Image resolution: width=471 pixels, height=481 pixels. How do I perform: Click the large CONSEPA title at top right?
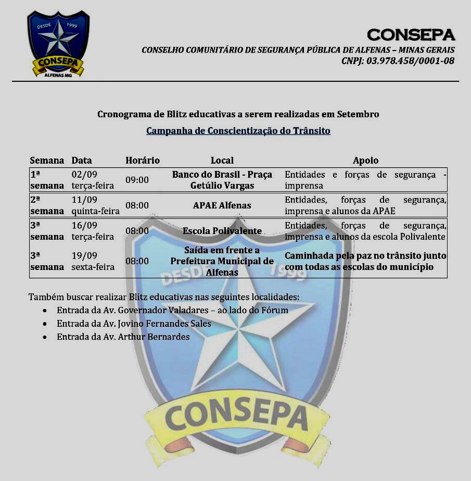tap(411, 34)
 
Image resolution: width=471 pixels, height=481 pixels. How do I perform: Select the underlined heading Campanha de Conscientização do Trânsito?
tap(238, 131)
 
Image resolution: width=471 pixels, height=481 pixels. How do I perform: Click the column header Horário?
tap(142, 161)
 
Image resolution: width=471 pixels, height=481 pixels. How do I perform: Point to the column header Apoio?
tap(365, 161)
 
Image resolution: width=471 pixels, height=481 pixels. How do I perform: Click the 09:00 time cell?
tap(137, 180)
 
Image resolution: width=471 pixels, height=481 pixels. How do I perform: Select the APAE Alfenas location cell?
tap(222, 205)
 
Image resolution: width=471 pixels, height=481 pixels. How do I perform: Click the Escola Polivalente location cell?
tap(222, 231)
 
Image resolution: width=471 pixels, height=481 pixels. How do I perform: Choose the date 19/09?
tap(84, 255)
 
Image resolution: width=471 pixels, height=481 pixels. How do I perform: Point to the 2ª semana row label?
tap(46, 205)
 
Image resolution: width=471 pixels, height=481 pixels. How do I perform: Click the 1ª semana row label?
tap(46, 180)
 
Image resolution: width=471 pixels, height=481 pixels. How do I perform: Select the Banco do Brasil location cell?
tap(222, 180)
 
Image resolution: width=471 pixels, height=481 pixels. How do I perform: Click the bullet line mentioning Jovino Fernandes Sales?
tap(134, 324)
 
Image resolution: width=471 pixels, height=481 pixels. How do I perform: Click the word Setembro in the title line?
tap(358, 114)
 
